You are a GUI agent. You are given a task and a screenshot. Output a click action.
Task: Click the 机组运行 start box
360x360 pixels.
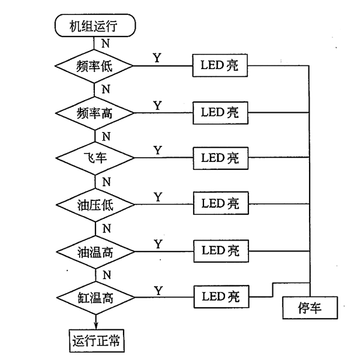coord(95,26)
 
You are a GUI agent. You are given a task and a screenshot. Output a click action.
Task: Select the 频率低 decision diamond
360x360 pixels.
coord(95,66)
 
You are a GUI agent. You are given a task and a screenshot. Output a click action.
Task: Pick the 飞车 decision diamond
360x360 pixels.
coord(95,158)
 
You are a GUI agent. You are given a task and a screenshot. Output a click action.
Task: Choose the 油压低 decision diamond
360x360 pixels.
coord(95,204)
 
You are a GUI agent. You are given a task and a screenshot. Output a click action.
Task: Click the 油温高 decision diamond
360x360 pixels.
coord(95,250)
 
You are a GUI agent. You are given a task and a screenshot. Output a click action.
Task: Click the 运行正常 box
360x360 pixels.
coord(95,341)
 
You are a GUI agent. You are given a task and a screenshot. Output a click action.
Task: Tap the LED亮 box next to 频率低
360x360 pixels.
coord(220,66)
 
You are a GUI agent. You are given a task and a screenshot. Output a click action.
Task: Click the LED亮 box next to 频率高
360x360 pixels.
coord(220,112)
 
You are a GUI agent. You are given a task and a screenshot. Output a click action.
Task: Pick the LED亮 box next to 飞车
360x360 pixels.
coord(220,158)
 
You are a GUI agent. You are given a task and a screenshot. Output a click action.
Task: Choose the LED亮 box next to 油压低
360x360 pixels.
coord(220,204)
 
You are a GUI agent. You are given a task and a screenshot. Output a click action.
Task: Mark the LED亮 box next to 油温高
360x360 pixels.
coord(220,250)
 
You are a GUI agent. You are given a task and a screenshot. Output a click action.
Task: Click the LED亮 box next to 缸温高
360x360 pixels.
coord(220,296)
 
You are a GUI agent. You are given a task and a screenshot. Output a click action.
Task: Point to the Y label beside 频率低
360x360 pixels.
coord(157,58)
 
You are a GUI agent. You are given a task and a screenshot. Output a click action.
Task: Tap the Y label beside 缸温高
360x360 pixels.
coord(158,290)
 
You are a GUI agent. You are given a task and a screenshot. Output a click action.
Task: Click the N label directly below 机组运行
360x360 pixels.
coord(106,43)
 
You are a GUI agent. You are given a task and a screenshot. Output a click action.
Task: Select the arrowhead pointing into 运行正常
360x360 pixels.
coord(95,326)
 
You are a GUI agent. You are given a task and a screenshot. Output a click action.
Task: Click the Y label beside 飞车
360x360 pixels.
coord(157,150)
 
